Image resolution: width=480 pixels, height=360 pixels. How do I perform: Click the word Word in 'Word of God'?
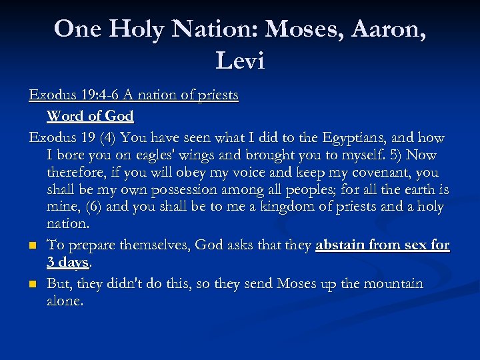click(65, 116)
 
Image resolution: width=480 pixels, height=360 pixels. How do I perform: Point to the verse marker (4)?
click(109, 138)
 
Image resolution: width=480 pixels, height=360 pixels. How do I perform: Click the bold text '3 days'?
click(67, 263)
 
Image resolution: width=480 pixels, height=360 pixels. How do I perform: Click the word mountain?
click(392, 284)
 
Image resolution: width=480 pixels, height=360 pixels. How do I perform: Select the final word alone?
click(65, 301)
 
